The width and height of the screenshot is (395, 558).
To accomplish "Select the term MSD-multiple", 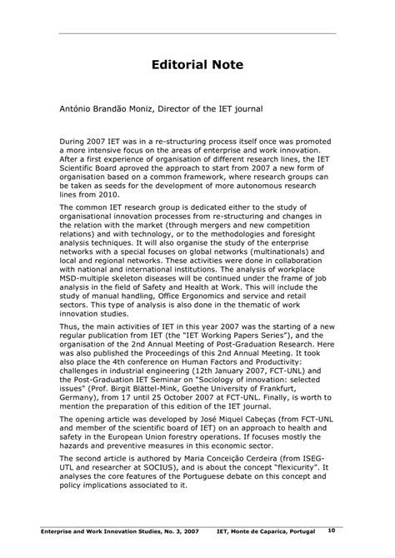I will click(90, 283).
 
